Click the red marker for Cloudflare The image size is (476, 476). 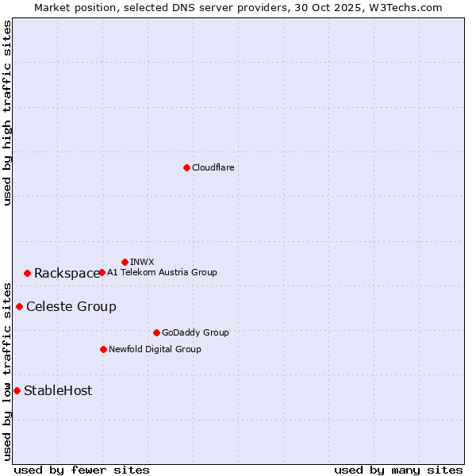[x=186, y=167]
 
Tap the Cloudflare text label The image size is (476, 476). [x=213, y=167]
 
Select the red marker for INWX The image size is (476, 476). [x=125, y=262]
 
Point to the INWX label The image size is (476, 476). [x=142, y=262]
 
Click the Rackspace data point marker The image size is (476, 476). [x=27, y=273]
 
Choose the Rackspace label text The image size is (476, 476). [x=67, y=274]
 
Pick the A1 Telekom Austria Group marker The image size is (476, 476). [x=102, y=272]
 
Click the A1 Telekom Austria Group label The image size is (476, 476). [x=162, y=272]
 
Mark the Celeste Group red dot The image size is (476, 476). [x=19, y=306]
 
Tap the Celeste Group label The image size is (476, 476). [x=71, y=307]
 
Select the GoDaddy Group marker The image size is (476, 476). [x=156, y=332]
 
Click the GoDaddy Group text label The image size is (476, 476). [x=195, y=332]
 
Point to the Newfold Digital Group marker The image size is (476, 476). [x=103, y=349]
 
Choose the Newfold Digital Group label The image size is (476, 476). [x=155, y=349]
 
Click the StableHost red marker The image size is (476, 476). [x=17, y=390]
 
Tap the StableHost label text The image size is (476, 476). [x=58, y=391]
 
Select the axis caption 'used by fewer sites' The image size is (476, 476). [x=82, y=470]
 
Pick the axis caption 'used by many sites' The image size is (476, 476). [x=398, y=470]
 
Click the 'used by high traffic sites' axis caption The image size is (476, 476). [x=7, y=113]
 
